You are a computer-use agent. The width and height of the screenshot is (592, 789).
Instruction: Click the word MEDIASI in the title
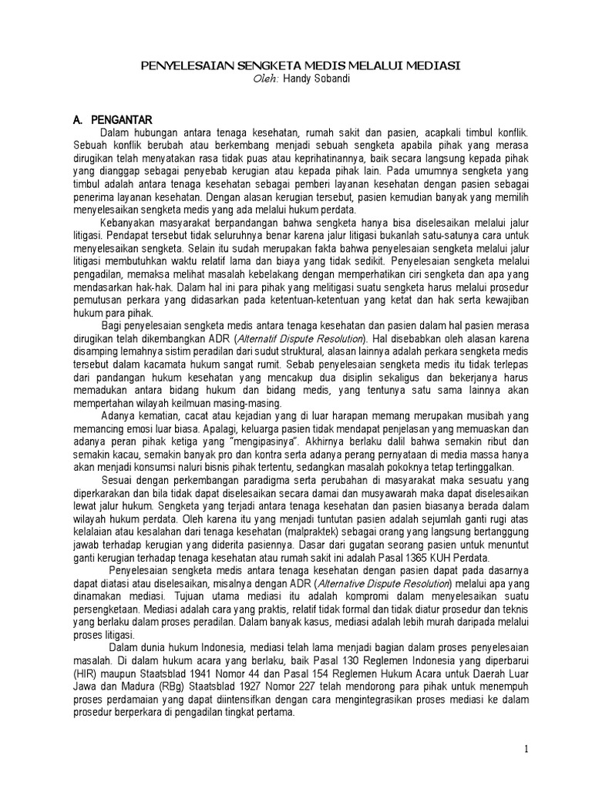[x=427, y=67]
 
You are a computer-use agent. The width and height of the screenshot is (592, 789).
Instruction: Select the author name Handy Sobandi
[x=312, y=80]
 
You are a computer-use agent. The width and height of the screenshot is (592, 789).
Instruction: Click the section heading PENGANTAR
[x=122, y=120]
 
